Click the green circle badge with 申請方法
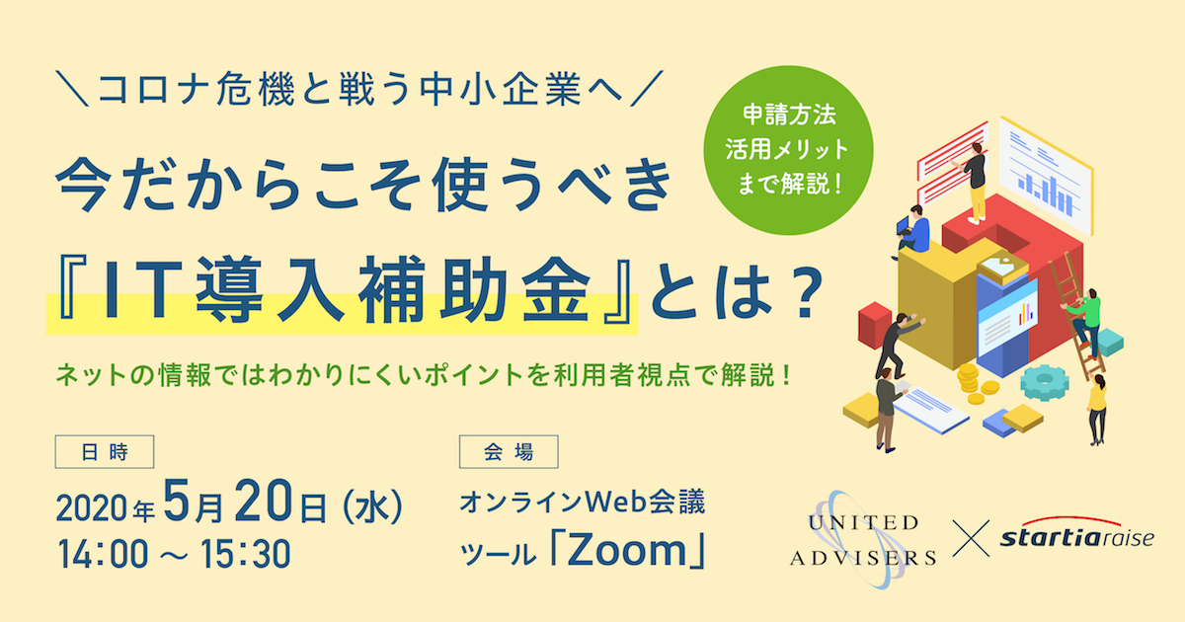[x=788, y=150]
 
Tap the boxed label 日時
[x=105, y=452]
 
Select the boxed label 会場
[x=509, y=452]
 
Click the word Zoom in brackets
[x=627, y=550]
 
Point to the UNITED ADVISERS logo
[x=862, y=539]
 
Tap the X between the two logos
[x=971, y=538]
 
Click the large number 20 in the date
[x=263, y=501]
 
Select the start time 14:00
[x=103, y=554]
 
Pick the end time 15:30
[x=245, y=554]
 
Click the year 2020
[x=91, y=508]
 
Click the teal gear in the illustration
[x=1045, y=381]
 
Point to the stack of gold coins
[x=975, y=382]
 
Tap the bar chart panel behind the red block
[x=1046, y=176]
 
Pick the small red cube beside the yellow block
[x=875, y=325]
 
